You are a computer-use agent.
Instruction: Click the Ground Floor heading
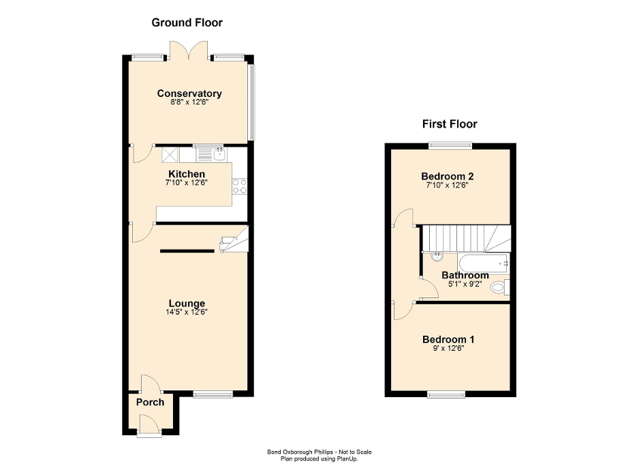click(187, 23)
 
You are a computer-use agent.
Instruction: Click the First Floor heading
click(449, 123)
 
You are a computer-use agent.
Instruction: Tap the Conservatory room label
click(189, 93)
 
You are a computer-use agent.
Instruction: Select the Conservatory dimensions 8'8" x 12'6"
click(189, 103)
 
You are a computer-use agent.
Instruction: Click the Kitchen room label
click(187, 174)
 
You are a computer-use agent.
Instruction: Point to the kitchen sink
click(219, 155)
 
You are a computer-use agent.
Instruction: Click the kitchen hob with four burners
click(239, 186)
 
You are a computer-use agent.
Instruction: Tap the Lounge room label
click(187, 303)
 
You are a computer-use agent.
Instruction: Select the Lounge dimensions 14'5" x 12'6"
click(187, 312)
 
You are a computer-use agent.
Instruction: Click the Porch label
click(150, 402)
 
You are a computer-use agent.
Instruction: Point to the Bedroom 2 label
click(448, 175)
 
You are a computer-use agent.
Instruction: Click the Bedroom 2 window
click(450, 144)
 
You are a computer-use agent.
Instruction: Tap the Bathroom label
click(465, 276)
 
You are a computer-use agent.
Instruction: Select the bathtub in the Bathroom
click(484, 261)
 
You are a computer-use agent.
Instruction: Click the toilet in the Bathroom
click(500, 287)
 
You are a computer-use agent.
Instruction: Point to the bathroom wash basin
click(437, 257)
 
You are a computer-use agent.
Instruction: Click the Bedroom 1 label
click(448, 339)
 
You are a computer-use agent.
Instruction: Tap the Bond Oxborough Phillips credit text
click(319, 452)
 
